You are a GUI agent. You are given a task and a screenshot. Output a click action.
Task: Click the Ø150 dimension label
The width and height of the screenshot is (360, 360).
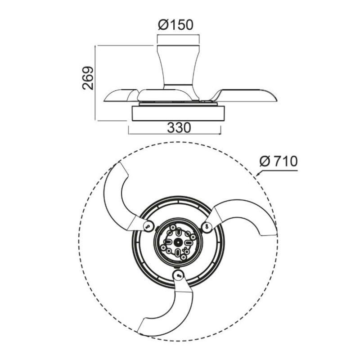[x=175, y=25]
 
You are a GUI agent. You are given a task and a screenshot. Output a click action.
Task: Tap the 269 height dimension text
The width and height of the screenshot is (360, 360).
[x=88, y=78]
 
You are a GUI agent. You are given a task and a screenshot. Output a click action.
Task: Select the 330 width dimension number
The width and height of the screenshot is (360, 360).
[x=179, y=128]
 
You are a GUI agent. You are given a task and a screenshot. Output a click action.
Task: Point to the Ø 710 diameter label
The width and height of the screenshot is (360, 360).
[x=279, y=161]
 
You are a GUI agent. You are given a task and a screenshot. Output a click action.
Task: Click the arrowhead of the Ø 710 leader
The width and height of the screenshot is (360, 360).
[x=257, y=175]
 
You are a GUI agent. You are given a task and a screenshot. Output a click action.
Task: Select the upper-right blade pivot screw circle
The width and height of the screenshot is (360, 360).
[x=207, y=226]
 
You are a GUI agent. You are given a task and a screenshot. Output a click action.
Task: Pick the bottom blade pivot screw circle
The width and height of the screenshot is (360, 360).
[x=178, y=274]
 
